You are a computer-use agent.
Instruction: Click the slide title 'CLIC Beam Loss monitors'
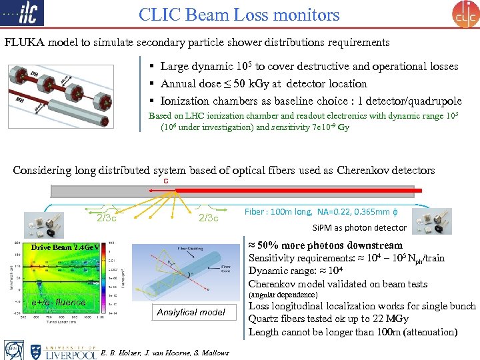click(x=239, y=15)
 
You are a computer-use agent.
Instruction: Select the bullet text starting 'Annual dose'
click(x=263, y=84)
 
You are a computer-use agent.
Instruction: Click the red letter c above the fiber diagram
click(x=165, y=181)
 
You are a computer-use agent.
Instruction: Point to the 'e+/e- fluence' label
click(x=59, y=302)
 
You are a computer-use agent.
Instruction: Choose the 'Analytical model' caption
click(x=191, y=311)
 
